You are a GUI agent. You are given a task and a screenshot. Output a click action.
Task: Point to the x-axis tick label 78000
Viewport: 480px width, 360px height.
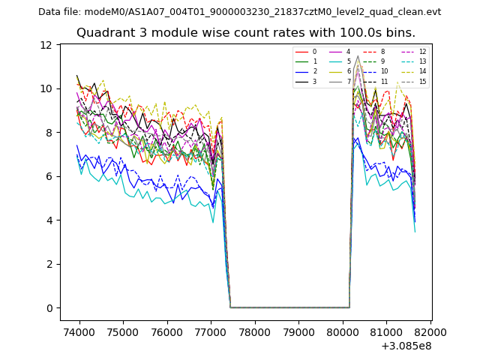(255, 332)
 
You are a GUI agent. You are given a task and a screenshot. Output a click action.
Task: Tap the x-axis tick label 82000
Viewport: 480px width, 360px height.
(431, 332)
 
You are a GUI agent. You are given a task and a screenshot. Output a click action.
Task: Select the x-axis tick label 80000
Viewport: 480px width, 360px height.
(343, 332)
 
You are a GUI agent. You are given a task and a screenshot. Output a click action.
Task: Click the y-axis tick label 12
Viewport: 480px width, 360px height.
(46, 45)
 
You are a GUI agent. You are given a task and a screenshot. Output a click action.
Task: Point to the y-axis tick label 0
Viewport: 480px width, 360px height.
(49, 308)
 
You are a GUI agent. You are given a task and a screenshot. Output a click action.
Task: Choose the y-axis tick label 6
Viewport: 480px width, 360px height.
(49, 176)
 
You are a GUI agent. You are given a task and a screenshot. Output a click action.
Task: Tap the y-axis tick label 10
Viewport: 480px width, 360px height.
(46, 88)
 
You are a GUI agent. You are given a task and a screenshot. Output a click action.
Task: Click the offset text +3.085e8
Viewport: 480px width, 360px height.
(406, 346)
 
